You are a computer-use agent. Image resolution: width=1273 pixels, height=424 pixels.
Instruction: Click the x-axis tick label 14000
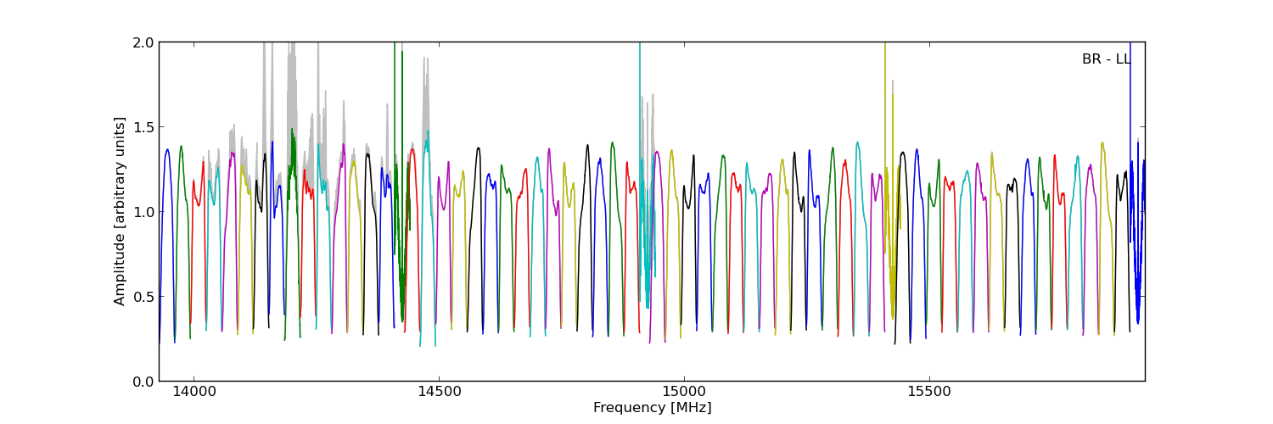pos(194,393)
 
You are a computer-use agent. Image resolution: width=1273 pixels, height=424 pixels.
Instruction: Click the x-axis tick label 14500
pos(439,393)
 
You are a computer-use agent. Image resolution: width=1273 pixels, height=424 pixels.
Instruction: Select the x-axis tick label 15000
pos(684,393)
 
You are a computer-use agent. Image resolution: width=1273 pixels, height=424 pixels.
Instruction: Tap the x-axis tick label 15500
pos(929,393)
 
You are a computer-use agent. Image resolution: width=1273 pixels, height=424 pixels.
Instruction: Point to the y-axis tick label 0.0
pos(143,382)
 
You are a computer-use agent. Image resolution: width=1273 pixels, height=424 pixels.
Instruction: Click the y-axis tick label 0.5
pos(143,297)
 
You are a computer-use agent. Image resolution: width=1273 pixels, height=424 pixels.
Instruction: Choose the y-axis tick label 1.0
pos(143,212)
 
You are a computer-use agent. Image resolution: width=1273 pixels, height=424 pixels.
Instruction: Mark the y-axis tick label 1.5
pos(143,127)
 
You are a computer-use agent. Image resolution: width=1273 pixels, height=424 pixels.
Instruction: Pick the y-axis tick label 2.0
pos(143,42)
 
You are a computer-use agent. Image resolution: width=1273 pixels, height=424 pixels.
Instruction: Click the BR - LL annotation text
pos(1106,59)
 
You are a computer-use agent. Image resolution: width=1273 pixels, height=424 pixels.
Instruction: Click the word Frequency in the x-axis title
pos(624,408)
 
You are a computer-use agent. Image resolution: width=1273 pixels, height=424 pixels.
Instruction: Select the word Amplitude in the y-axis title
pos(120,270)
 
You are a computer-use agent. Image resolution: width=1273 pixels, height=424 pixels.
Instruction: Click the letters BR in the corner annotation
pos(1091,59)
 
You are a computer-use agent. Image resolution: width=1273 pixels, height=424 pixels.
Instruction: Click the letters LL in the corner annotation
pos(1123,59)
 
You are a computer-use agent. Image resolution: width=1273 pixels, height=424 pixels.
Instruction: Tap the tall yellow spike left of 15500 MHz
pos(885,68)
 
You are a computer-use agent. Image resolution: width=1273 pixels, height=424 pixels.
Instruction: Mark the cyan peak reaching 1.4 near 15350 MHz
pos(857,143)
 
